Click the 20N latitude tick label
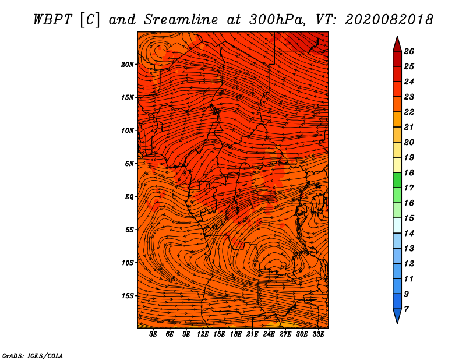coord(128,65)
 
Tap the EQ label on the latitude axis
coord(129,197)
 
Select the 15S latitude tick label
coord(128,296)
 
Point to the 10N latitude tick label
coord(128,130)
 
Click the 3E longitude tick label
coord(153,334)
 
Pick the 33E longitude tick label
coord(318,334)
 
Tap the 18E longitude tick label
coord(236,334)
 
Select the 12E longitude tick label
coord(203,334)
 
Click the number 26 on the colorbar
coord(409,51)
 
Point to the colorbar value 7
coord(406,309)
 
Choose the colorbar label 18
coord(409,172)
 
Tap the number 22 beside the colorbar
coord(409,112)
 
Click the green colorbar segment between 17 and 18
coord(397,180)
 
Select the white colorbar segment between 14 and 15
coord(397,225)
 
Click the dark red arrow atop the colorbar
coord(397,44)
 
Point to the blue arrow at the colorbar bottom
coord(397,316)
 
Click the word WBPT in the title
coord(53,20)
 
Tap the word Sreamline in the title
coord(181,20)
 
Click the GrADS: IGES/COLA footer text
coord(33,355)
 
